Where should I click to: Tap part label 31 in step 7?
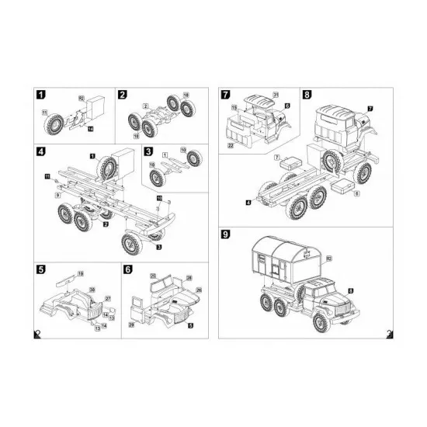coord(275,95)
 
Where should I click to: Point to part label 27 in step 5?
coord(108,298)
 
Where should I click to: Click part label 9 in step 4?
coord(57,196)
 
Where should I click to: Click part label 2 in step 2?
coord(145,103)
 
